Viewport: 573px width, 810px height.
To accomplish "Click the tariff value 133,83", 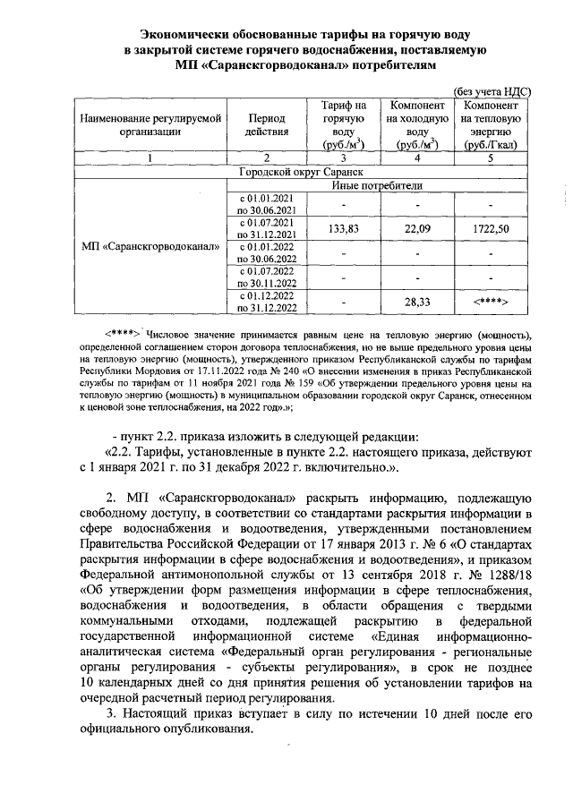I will tap(344, 228).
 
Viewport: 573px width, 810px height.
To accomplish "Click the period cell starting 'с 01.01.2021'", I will tap(266, 202).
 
